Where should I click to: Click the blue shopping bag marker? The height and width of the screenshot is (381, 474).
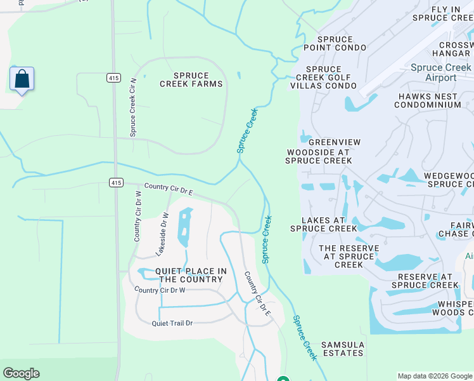tap(22, 79)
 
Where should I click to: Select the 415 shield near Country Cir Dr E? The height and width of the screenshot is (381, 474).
tap(115, 182)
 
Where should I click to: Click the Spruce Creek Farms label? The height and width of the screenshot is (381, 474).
tap(191, 79)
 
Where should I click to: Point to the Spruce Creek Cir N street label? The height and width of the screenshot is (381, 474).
tap(133, 107)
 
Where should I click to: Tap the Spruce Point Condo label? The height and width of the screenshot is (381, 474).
tap(335, 43)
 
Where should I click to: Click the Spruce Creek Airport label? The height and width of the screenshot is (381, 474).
tap(440, 72)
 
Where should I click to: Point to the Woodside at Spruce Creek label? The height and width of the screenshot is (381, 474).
tap(319, 156)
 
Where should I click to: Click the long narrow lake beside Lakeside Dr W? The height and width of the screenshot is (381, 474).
tap(184, 227)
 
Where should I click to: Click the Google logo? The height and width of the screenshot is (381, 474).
tap(21, 373)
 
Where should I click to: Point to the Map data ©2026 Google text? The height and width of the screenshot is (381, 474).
tap(434, 376)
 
